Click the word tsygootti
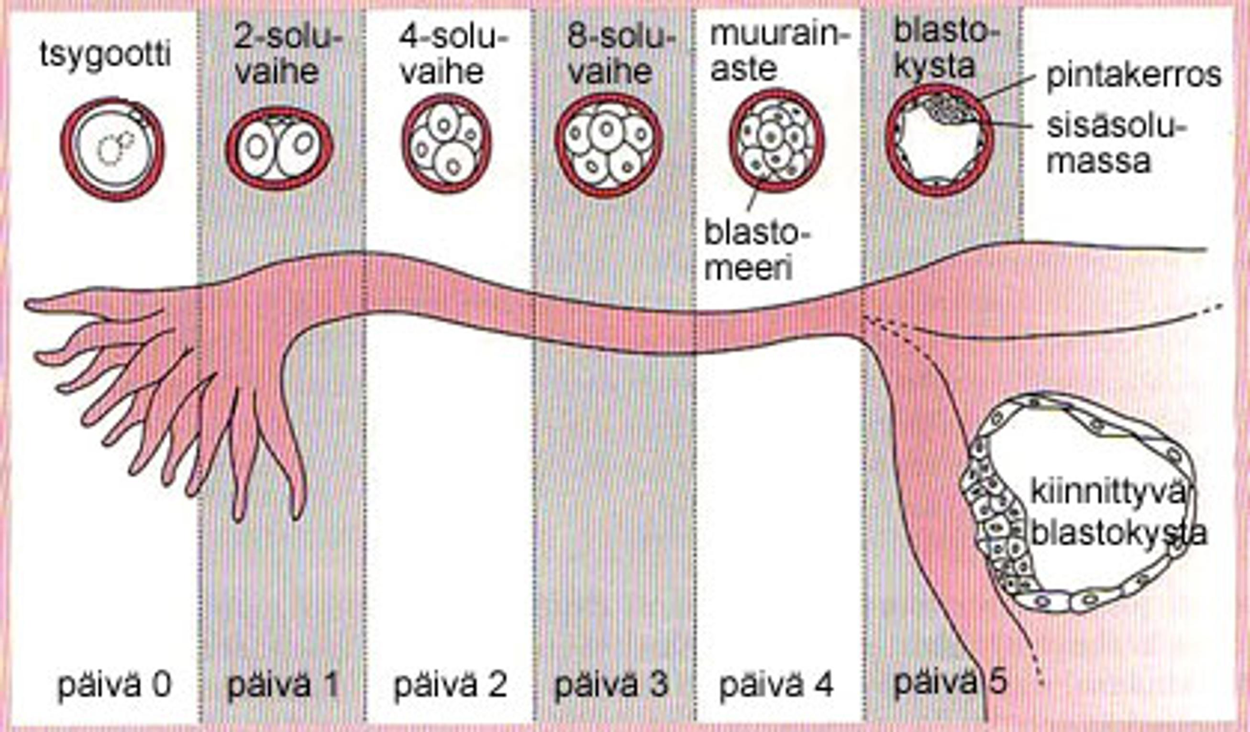tap(105, 55)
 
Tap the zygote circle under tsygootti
tap(112, 149)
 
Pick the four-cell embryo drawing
tap(446, 144)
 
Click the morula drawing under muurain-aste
tap(777, 141)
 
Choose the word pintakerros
tap(1133, 76)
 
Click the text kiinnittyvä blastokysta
tap(1116, 514)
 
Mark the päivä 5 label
tap(950, 682)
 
